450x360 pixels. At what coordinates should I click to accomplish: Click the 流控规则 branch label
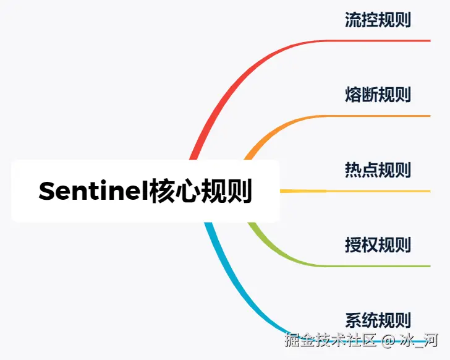pyautogui.click(x=378, y=20)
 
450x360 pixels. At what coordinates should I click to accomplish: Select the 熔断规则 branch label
pyautogui.click(x=378, y=95)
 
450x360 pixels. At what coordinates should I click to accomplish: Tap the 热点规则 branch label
pyautogui.click(x=378, y=170)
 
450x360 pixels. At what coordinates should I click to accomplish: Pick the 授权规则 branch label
pyautogui.click(x=378, y=245)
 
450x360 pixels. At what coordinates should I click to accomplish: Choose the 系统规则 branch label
pyautogui.click(x=378, y=320)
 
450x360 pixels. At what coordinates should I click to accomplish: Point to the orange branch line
pyautogui.click(x=371, y=116)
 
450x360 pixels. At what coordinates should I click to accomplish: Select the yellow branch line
pyautogui.click(x=371, y=191)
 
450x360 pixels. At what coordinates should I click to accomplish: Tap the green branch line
pyautogui.click(x=371, y=266)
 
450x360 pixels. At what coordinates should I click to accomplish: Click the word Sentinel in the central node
pyautogui.click(x=93, y=191)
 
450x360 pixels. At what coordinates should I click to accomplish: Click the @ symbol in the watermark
pyautogui.click(x=388, y=341)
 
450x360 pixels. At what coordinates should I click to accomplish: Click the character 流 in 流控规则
pyautogui.click(x=353, y=20)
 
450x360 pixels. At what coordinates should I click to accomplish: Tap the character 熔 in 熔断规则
pyautogui.click(x=353, y=95)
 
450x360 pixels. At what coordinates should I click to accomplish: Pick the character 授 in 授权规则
pyautogui.click(x=353, y=245)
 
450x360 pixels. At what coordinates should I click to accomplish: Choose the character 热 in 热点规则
pyautogui.click(x=353, y=170)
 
